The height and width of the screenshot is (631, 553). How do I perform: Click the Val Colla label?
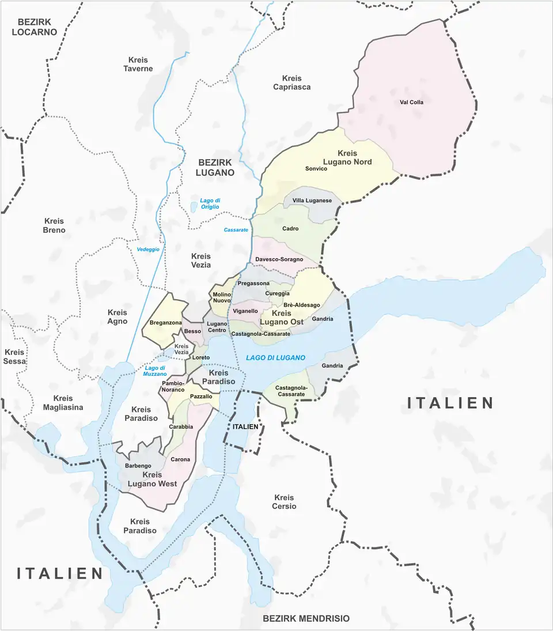(x=411, y=103)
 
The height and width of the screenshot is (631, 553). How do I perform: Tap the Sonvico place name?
(x=316, y=169)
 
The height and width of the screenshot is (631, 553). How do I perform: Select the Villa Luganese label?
(x=312, y=201)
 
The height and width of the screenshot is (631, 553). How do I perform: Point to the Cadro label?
(x=290, y=229)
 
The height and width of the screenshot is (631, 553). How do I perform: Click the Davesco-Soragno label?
(x=279, y=259)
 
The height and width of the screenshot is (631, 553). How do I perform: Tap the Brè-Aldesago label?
(x=301, y=305)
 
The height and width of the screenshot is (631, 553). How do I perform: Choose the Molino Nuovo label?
(x=222, y=297)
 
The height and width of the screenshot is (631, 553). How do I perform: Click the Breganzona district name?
(x=165, y=323)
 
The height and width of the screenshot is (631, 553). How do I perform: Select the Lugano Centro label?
(x=217, y=327)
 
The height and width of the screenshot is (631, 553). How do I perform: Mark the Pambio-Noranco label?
(x=173, y=387)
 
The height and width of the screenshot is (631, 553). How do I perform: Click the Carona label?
(x=180, y=459)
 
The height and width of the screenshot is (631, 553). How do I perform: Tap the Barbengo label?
(x=138, y=466)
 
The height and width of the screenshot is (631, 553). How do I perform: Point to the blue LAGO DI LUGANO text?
(x=275, y=358)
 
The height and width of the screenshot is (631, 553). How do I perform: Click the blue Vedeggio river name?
(x=148, y=250)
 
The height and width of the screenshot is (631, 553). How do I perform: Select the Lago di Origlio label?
(x=210, y=204)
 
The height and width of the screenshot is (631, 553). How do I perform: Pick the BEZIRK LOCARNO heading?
(x=35, y=27)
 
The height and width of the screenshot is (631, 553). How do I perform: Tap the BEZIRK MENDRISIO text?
(x=306, y=618)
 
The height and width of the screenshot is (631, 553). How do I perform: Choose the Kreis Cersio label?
(x=285, y=501)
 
